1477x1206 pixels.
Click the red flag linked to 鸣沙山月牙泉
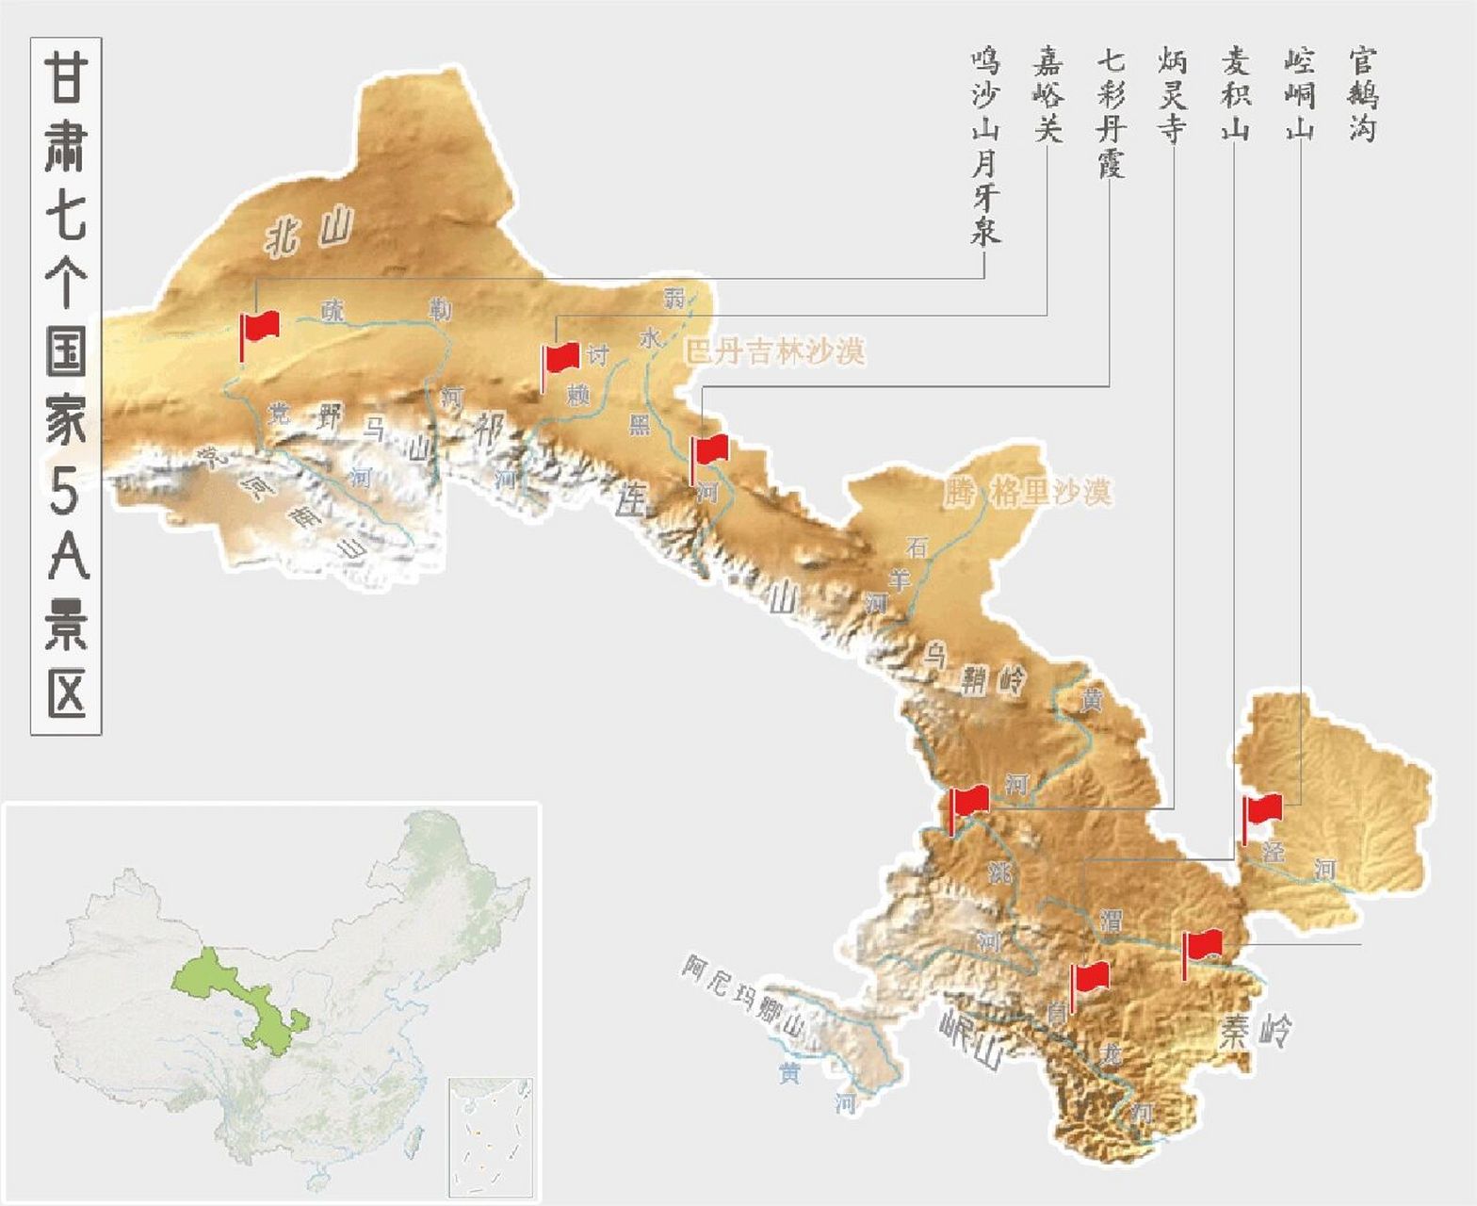[260, 328]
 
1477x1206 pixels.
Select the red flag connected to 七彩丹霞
[710, 450]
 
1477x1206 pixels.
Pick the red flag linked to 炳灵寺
[969, 802]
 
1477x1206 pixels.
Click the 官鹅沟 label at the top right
[1362, 95]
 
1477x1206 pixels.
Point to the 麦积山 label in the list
[1235, 95]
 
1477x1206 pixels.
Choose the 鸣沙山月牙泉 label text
[984, 146]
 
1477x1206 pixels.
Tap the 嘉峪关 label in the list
[1047, 95]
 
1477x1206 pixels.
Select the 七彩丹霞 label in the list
[1111, 113]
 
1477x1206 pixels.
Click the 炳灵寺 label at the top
[1173, 95]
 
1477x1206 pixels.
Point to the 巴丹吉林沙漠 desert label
[774, 351]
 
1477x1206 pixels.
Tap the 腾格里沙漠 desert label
[1028, 492]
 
